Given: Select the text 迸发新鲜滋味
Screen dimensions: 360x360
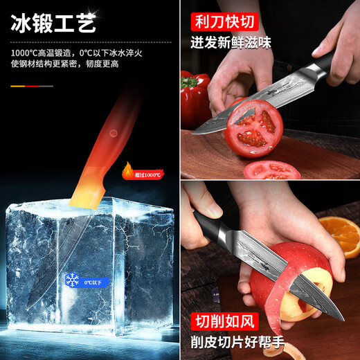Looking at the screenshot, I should (231, 43).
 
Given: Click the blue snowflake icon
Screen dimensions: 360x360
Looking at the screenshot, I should (71, 280).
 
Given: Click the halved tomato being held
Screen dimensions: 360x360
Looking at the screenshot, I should (253, 129).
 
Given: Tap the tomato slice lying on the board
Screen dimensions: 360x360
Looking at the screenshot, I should (271, 170).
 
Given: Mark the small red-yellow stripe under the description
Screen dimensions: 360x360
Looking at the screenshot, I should (31, 86).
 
